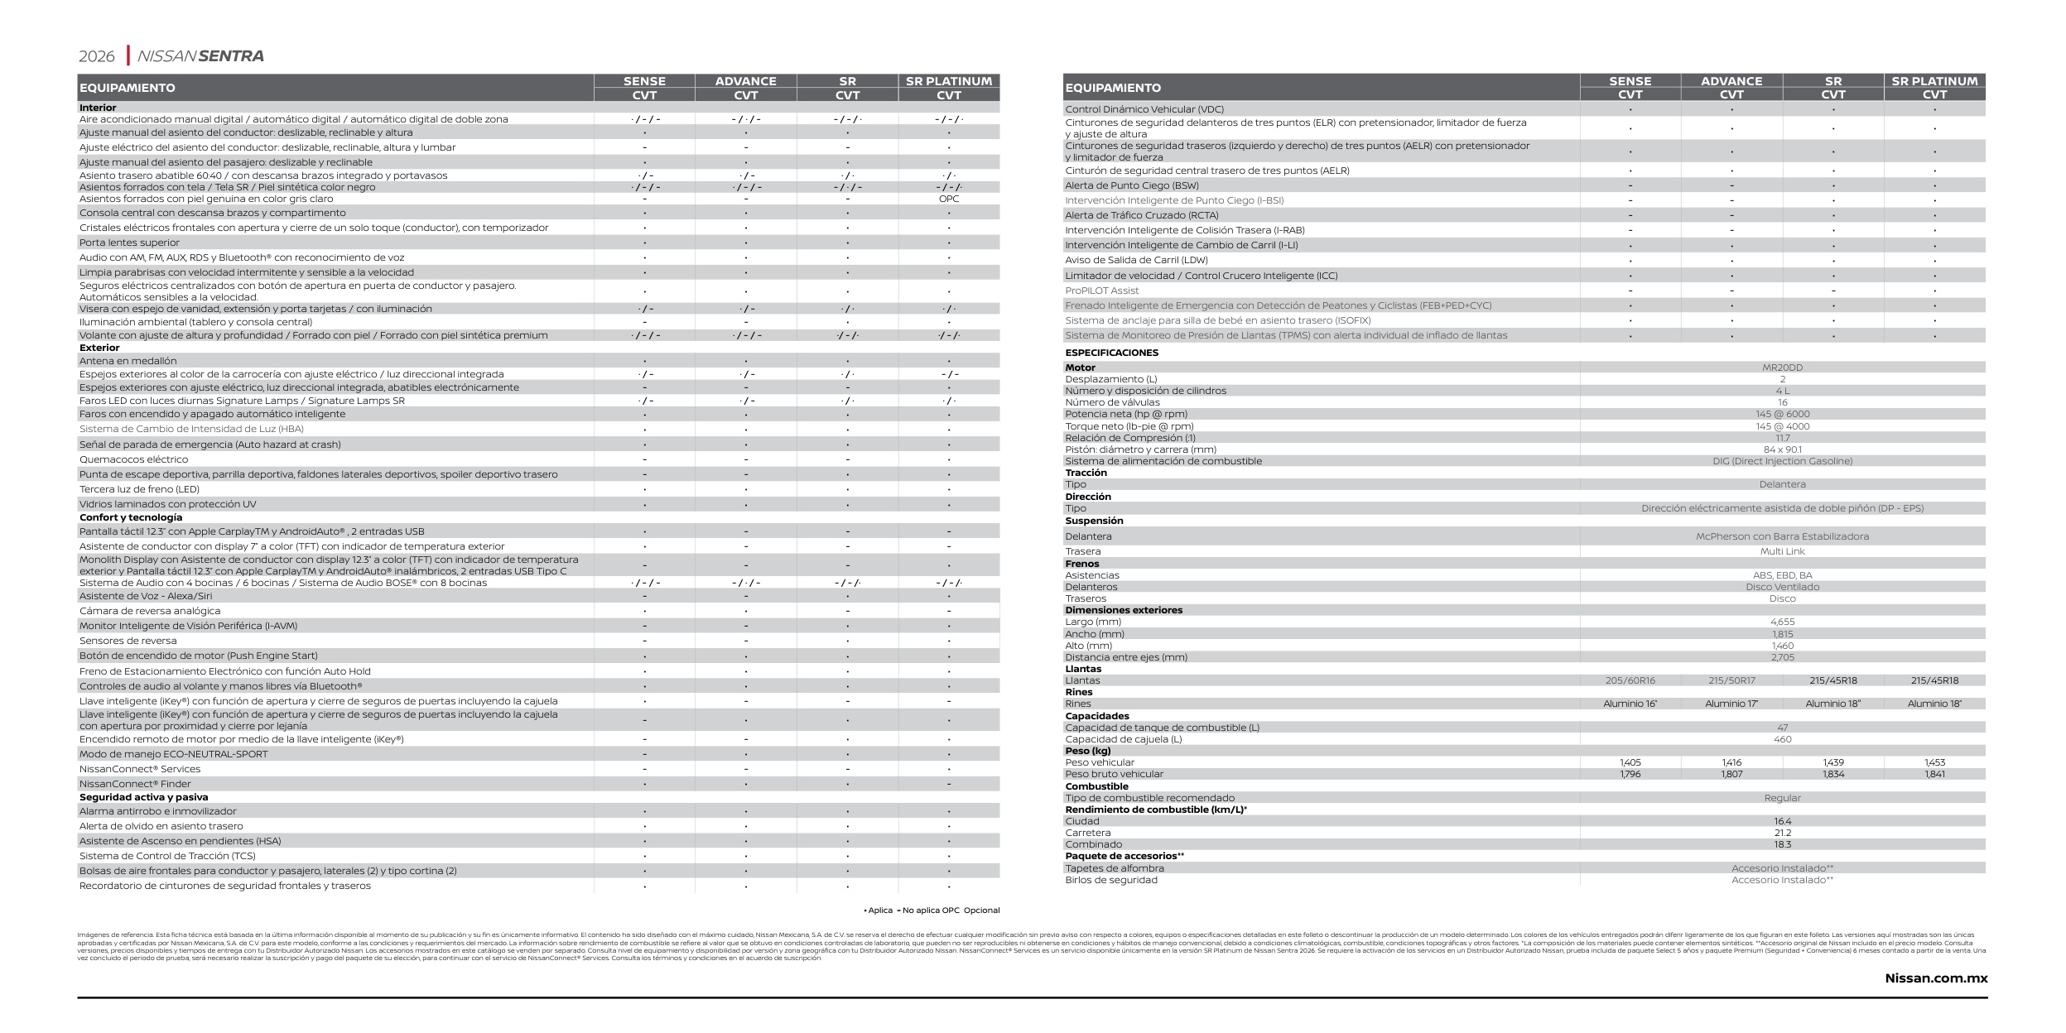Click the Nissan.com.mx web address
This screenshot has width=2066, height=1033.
[1935, 978]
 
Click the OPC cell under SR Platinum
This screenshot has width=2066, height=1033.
[948, 199]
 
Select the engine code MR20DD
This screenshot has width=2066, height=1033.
[1782, 368]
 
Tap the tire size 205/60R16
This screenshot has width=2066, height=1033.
[1630, 680]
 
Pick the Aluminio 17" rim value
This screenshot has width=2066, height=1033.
[1731, 704]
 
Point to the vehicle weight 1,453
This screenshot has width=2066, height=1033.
[1934, 762]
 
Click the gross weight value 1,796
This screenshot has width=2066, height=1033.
[1630, 774]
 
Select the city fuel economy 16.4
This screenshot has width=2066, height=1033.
[1782, 821]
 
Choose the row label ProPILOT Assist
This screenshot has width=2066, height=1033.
[1101, 291]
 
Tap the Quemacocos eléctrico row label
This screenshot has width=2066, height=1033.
[133, 459]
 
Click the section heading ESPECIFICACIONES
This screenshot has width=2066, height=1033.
[1111, 353]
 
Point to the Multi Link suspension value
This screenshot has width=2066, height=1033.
[1782, 551]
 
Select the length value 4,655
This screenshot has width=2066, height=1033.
[1782, 622]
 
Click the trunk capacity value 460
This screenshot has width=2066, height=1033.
[1782, 739]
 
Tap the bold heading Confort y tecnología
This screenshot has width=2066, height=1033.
[130, 517]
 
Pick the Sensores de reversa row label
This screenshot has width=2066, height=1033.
[128, 641]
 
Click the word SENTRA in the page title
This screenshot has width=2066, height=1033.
[231, 56]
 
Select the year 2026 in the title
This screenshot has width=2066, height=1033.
[96, 56]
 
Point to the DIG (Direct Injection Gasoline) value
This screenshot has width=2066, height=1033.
[1782, 461]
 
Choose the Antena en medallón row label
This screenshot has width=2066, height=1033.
[128, 361]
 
